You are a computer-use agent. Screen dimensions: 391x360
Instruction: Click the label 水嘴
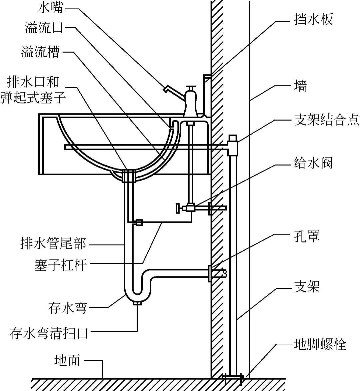(50, 7)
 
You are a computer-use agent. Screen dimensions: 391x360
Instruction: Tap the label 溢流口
(44, 28)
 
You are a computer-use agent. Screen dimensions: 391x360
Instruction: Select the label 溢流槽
(40, 52)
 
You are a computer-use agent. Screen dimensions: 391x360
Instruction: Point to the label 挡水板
(313, 20)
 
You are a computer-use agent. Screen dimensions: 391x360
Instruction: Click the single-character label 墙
(300, 86)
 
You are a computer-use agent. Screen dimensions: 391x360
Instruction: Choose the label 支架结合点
(326, 120)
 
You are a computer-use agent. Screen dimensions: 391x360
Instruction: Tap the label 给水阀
(313, 163)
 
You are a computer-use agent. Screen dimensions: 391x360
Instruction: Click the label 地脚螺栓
(320, 344)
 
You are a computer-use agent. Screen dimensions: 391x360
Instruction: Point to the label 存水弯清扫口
(49, 333)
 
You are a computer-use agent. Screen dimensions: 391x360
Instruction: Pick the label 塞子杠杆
(61, 265)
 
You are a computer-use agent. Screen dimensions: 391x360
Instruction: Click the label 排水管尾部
(53, 244)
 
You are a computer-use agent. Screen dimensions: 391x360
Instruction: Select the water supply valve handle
(179, 208)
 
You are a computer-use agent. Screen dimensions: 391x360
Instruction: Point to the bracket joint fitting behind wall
(232, 145)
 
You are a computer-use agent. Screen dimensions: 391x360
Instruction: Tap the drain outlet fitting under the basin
(128, 176)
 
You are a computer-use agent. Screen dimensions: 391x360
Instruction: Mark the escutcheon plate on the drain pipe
(210, 273)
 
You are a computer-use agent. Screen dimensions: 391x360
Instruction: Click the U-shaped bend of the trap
(137, 293)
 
